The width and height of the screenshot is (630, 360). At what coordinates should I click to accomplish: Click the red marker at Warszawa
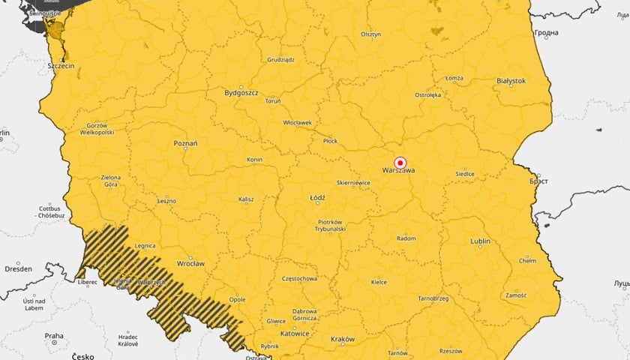(x=400, y=162)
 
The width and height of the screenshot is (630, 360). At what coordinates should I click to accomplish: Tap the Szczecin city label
(x=61, y=66)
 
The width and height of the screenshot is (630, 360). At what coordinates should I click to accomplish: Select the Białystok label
(x=511, y=80)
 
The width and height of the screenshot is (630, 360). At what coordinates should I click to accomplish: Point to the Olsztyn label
(x=370, y=34)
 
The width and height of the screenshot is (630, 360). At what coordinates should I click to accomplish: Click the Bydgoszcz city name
(x=241, y=93)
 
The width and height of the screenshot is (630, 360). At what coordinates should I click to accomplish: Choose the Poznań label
(x=185, y=143)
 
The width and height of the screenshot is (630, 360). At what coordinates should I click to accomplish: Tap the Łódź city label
(x=317, y=199)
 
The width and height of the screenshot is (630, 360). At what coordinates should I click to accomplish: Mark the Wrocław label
(x=190, y=264)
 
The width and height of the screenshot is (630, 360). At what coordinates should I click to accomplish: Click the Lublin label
(x=480, y=241)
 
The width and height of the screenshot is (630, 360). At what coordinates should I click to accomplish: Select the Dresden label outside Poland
(x=18, y=268)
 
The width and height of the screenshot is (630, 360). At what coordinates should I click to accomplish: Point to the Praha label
(x=53, y=335)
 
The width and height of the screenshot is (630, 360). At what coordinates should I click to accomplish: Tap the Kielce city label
(x=379, y=283)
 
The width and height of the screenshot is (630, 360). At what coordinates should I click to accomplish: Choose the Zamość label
(x=516, y=295)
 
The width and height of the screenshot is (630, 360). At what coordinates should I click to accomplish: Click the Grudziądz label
(x=280, y=59)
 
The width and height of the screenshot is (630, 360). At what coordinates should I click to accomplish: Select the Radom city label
(x=406, y=238)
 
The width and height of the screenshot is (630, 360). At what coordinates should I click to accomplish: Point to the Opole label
(x=237, y=299)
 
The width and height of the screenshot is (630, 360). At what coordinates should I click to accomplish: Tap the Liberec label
(x=87, y=283)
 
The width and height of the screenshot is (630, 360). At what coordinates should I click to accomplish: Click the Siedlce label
(x=464, y=174)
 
